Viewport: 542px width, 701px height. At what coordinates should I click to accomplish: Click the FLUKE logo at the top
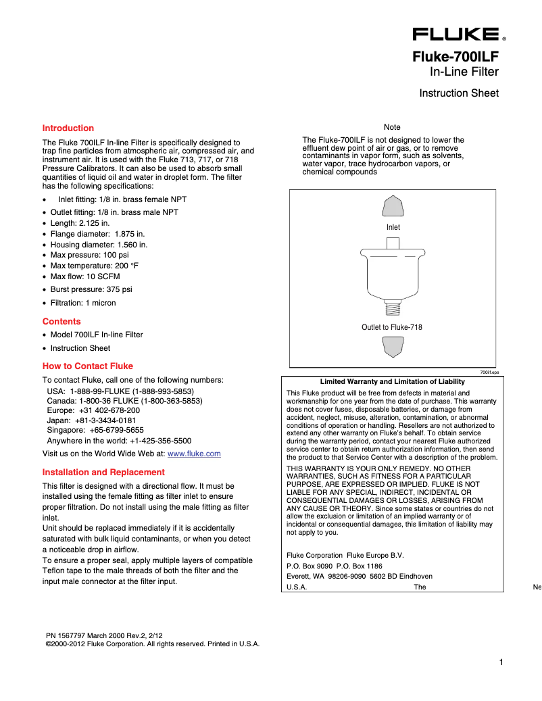point(456,34)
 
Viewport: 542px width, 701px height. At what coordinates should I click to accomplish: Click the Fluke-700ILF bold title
point(455,57)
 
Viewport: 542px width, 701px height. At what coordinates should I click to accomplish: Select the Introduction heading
point(68,128)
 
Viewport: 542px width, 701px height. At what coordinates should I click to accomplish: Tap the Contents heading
point(61,321)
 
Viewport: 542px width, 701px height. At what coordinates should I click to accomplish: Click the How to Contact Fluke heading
point(88,366)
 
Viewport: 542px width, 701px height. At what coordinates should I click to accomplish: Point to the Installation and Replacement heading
point(103,472)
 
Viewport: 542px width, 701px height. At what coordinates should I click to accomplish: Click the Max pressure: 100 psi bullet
point(89,255)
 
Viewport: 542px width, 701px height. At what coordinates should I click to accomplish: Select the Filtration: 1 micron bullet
point(83,303)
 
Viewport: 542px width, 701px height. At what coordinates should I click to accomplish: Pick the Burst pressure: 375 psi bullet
point(91,289)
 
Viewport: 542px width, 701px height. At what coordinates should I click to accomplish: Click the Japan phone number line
point(91,420)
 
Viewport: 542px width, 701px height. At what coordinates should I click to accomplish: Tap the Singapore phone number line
point(95,429)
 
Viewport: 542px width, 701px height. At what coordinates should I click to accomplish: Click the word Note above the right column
point(392,127)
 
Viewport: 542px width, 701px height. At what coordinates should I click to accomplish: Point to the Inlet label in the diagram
point(393,227)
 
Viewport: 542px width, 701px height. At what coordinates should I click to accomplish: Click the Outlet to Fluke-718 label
point(392,327)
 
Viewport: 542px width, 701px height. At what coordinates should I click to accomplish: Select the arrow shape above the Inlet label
point(393,206)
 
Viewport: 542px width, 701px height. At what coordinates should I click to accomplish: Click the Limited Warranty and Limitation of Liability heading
point(392,381)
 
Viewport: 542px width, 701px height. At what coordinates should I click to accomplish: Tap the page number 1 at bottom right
point(501,662)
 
